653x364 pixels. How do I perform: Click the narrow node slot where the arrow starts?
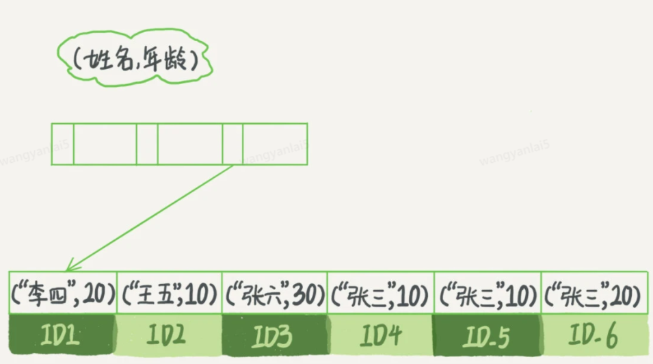(232, 144)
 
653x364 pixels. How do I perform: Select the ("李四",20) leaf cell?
(63, 296)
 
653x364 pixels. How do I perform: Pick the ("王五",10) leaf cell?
(169, 296)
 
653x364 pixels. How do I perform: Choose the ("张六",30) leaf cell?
(275, 296)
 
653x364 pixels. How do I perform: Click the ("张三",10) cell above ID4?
(380, 296)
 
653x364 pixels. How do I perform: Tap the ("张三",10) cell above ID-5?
(487, 296)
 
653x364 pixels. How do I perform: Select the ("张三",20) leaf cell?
(594, 296)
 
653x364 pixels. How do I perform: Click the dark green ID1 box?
(63, 336)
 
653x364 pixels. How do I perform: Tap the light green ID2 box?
(169, 336)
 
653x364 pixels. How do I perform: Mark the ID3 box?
(275, 336)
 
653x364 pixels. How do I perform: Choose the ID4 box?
(380, 336)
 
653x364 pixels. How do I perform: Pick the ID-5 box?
(487, 336)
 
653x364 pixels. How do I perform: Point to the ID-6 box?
(594, 336)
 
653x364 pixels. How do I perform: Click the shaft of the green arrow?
(150, 217)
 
